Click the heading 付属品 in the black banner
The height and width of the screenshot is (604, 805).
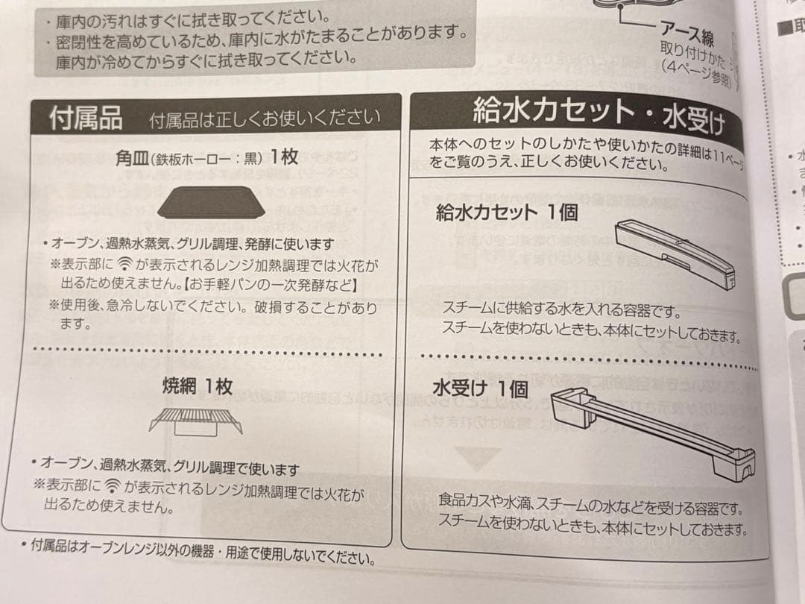pos(85,117)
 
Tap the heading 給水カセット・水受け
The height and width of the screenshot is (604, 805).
pos(596,116)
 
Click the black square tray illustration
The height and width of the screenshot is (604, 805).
pos(206,202)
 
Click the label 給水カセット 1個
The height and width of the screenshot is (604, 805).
pos(506,213)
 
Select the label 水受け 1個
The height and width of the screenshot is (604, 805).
pos(480,388)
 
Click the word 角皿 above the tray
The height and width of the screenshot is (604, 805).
pos(132,157)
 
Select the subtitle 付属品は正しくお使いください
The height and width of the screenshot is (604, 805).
pos(264,119)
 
